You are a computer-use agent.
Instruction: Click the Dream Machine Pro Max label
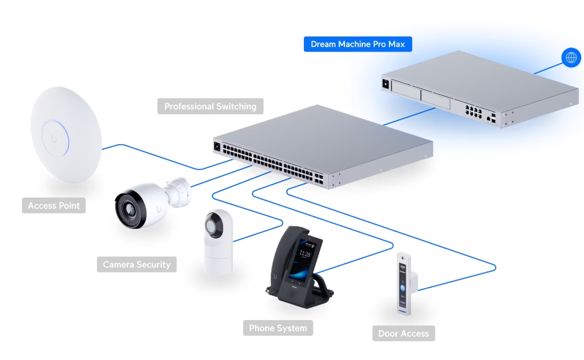[x=358, y=45]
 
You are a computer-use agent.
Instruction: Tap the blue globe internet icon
[x=571, y=57]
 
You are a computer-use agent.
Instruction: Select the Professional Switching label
[x=210, y=106]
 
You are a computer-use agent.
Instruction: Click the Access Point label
[x=54, y=205]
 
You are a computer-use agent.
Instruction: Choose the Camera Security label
[x=137, y=265]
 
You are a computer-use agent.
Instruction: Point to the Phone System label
[x=278, y=328]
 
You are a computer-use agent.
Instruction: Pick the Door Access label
[x=403, y=333]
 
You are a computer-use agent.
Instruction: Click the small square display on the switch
[x=218, y=146]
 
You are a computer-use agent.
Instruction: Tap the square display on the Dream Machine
[x=385, y=83]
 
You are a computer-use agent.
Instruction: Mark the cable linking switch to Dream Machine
[x=399, y=119]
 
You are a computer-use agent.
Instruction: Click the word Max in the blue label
[x=396, y=45]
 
